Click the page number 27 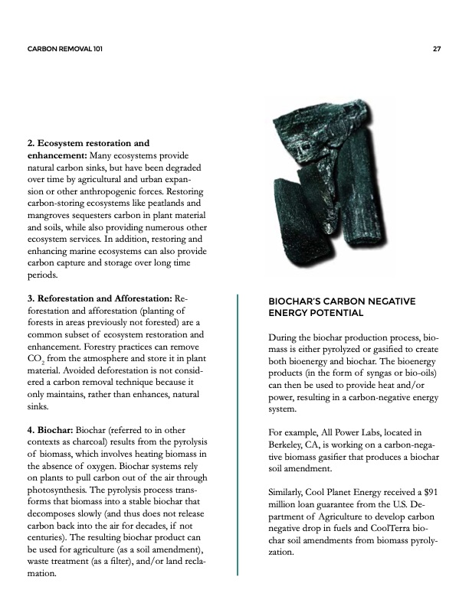436,49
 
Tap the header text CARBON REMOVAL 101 65,49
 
